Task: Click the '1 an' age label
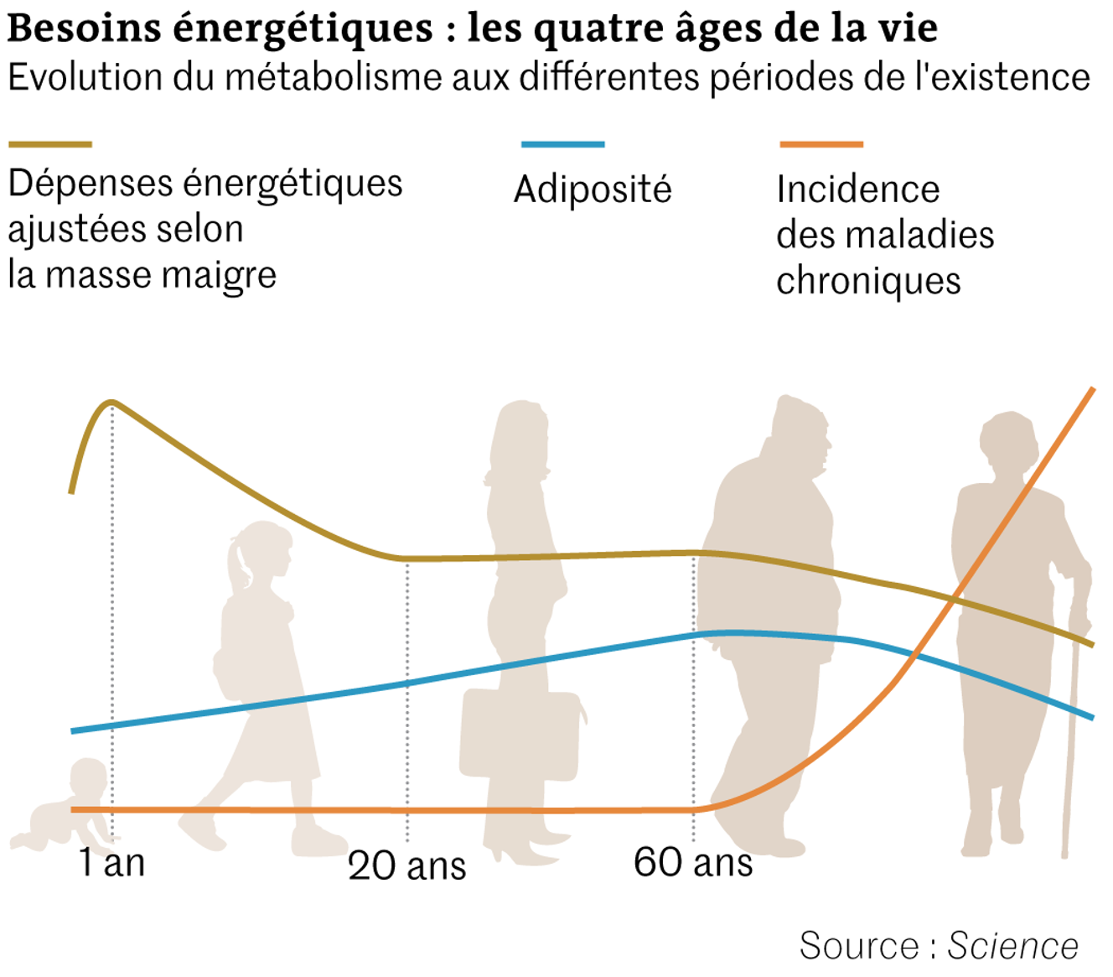point(112,862)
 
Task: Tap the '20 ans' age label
point(407,865)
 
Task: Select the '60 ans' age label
point(693,862)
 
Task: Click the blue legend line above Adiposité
point(563,145)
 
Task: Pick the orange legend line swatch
point(821,145)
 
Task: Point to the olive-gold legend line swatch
point(50,145)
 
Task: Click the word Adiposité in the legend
point(593,190)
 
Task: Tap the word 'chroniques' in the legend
point(868,282)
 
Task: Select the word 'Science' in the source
point(1012,946)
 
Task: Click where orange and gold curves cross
point(955,598)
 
